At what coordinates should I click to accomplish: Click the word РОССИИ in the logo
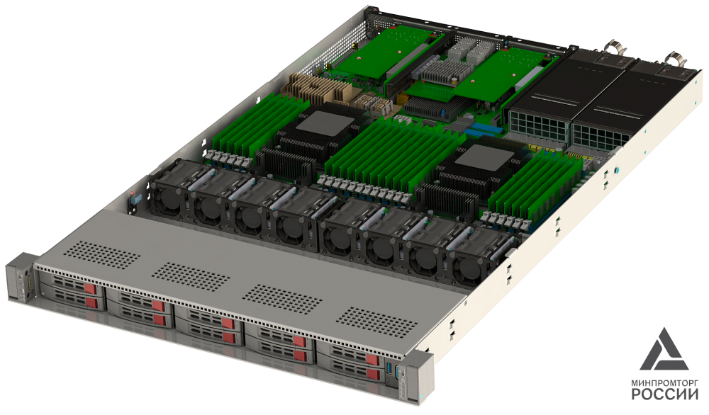665,394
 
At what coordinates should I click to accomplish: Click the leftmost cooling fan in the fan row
167,199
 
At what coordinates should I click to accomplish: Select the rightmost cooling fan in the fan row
467,268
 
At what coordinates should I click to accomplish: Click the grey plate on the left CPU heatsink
325,122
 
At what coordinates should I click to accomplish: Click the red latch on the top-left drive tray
91,288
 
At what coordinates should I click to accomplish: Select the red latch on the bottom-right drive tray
374,374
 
